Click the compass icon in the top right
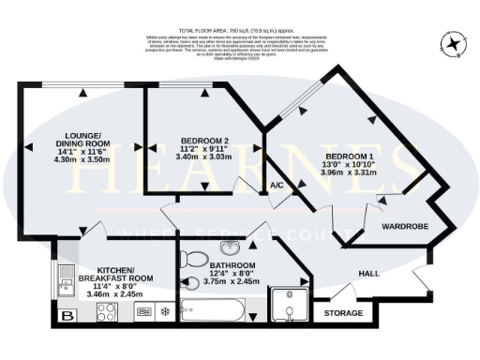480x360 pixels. point(455,44)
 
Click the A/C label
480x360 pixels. point(277,186)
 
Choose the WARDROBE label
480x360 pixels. point(404,226)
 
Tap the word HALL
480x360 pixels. point(370,273)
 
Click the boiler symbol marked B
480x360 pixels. point(66,316)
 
